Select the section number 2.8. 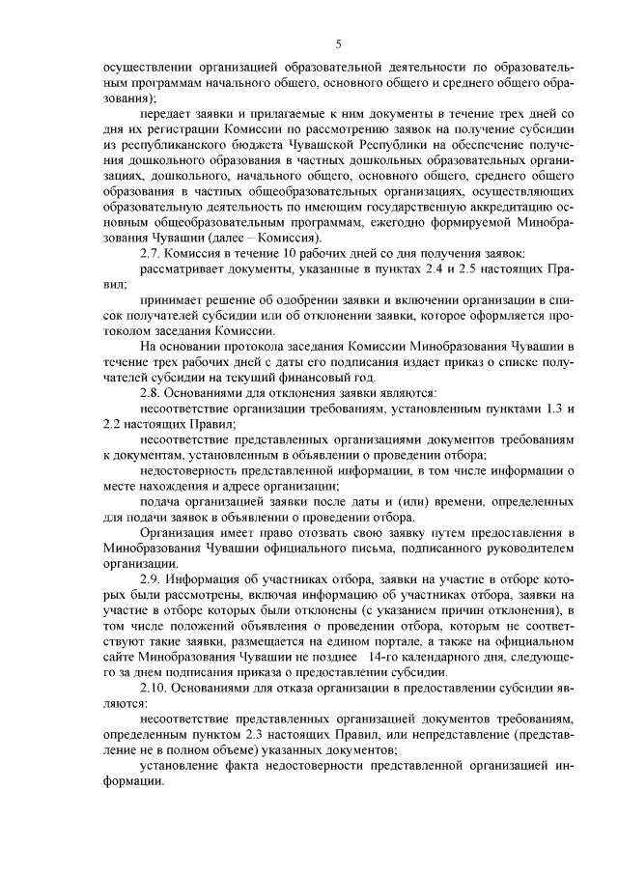153,393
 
